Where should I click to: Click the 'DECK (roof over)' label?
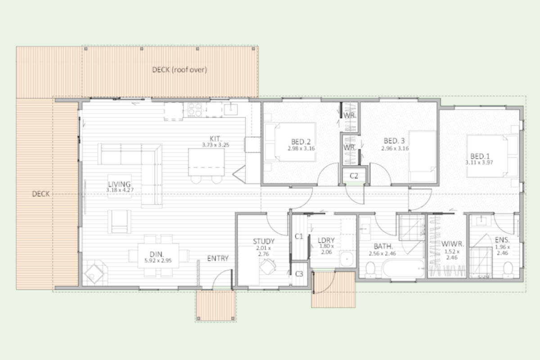coord(180,70)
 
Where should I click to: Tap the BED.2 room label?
coord(301,142)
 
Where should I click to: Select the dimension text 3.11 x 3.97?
coord(479,162)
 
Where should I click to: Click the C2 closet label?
coord(354,176)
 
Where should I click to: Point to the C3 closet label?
coord(299,274)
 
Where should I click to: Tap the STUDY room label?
coord(264,241)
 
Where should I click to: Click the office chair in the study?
coord(268,267)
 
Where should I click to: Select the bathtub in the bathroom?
coord(403,268)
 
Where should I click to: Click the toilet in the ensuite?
coord(508,270)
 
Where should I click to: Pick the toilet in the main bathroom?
coord(370,270)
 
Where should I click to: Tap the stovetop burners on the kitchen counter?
coord(195,110)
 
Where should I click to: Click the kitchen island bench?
coord(207,162)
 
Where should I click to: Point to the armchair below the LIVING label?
coord(119,221)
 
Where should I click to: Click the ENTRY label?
coord(218,258)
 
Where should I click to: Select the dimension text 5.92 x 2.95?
coord(158,261)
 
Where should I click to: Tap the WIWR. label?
coord(453,244)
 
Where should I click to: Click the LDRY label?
coord(326,240)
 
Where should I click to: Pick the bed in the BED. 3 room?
coord(423,157)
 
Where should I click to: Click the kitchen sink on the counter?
coord(231,109)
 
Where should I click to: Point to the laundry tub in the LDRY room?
coord(347,259)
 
